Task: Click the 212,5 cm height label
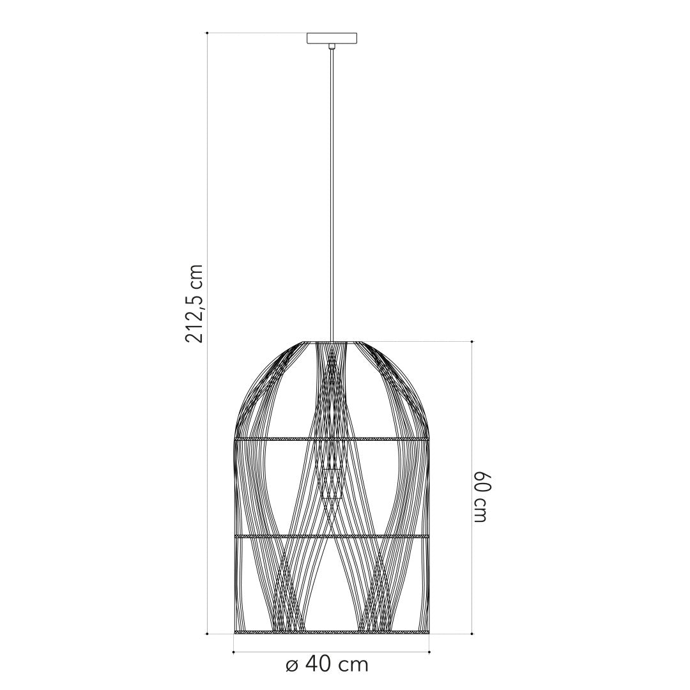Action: (x=194, y=303)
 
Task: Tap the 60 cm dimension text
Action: (x=482, y=498)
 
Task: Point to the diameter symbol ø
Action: (x=292, y=666)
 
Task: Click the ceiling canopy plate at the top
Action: (x=332, y=38)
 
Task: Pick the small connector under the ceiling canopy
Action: (x=332, y=46)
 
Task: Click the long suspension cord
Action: (x=332, y=192)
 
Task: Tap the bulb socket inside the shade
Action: (x=332, y=484)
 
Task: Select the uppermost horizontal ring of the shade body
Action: (x=332, y=440)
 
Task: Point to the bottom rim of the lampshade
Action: (x=332, y=632)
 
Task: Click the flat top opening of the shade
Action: (x=332, y=342)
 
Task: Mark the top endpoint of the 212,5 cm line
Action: (x=208, y=33)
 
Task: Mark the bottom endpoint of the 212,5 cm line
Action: (x=208, y=634)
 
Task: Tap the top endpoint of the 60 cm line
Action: (x=472, y=342)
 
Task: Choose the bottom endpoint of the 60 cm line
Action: (x=472, y=634)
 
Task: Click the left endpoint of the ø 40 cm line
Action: (x=234, y=652)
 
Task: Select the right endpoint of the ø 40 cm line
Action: (x=429, y=652)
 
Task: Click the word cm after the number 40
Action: (x=353, y=666)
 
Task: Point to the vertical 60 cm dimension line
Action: (x=472, y=415)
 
